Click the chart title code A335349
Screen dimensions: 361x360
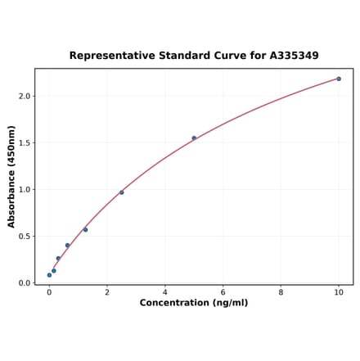(x=290, y=56)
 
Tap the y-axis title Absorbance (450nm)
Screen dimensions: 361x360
(x=11, y=176)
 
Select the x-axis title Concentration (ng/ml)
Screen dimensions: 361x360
(x=194, y=303)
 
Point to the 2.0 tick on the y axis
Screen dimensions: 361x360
(x=23, y=96)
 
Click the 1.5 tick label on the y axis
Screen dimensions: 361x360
(x=23, y=143)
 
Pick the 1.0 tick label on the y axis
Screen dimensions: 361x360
(x=23, y=190)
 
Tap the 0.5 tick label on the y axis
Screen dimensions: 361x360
(x=23, y=237)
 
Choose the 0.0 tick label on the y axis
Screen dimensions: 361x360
(x=23, y=283)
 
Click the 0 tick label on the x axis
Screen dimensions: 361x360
(x=49, y=291)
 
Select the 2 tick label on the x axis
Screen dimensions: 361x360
(x=107, y=291)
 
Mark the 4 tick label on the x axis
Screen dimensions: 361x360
(x=164, y=291)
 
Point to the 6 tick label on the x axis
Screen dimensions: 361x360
(x=223, y=291)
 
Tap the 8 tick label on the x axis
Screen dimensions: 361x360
(x=281, y=291)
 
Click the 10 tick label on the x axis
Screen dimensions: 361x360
(x=339, y=291)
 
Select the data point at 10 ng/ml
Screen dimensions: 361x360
(x=339, y=79)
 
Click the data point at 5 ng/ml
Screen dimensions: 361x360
(x=194, y=138)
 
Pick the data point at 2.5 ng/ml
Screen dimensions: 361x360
(x=122, y=192)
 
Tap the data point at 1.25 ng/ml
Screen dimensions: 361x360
(x=85, y=229)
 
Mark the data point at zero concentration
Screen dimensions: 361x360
(x=49, y=275)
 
